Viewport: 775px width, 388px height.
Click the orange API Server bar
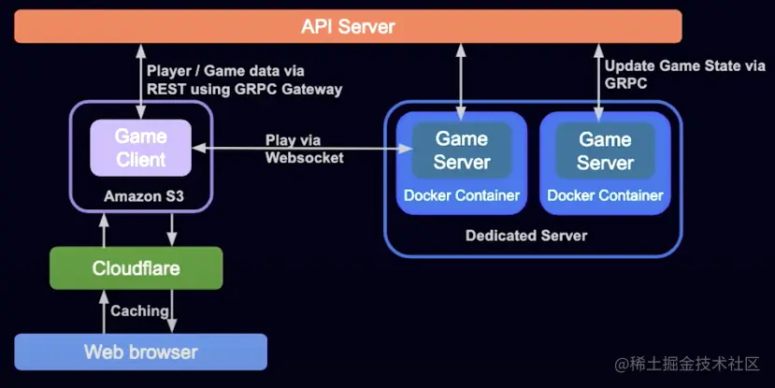point(348,26)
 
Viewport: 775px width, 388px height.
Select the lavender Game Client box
point(140,148)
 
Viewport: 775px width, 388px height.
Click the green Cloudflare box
point(136,268)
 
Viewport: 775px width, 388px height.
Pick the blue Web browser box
point(140,352)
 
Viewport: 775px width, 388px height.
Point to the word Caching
point(139,310)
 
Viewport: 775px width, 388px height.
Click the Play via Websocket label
point(305,149)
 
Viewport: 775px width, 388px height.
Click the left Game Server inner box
point(462,150)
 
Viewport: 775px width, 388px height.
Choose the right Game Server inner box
point(605,150)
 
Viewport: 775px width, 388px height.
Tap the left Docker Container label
point(462,195)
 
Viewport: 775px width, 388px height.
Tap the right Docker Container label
point(605,195)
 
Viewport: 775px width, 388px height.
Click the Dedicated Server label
point(526,236)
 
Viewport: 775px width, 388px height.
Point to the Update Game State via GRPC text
point(684,74)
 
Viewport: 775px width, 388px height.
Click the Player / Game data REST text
point(244,79)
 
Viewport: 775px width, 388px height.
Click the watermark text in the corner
point(687,363)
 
